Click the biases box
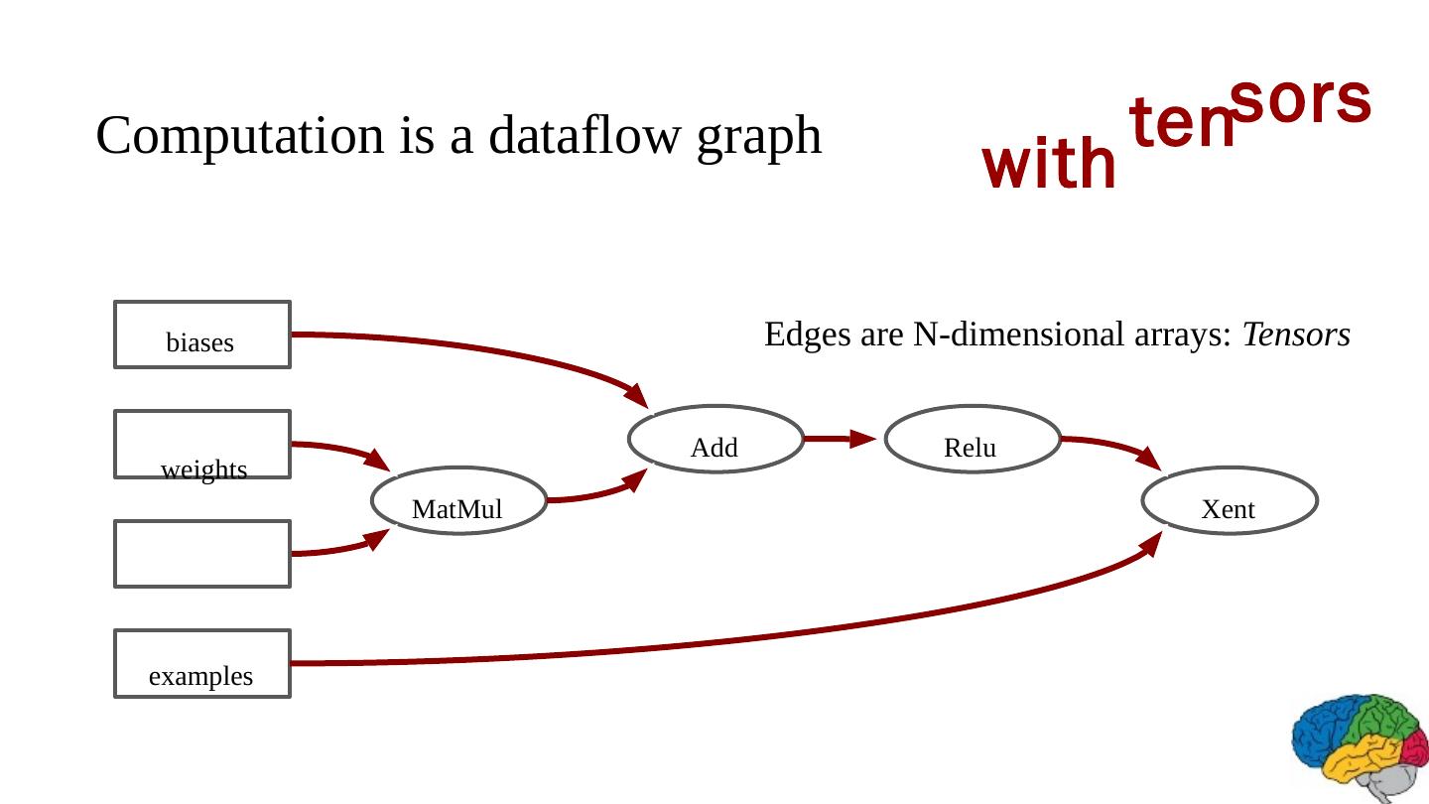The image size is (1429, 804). coord(201,335)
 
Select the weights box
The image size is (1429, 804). coord(201,445)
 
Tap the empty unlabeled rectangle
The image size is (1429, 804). coord(201,554)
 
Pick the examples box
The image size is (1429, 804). coord(201,663)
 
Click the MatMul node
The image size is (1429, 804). coord(457,500)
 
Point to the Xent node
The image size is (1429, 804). coord(1230,500)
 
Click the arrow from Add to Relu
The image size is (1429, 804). coord(840,437)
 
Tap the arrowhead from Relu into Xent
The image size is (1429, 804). coord(1149,459)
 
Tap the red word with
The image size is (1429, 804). coord(1049,166)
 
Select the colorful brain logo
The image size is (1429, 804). coord(1359,744)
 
